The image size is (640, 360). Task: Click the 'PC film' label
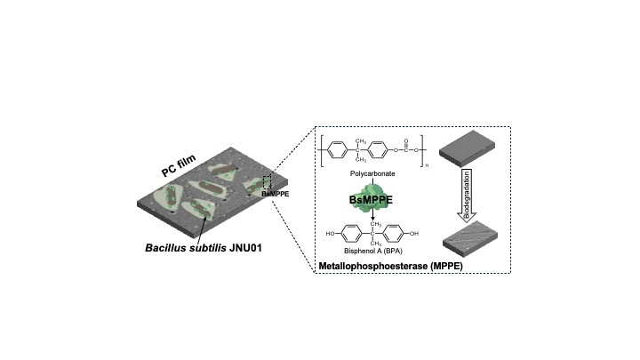click(179, 165)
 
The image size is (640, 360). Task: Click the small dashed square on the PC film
click(267, 182)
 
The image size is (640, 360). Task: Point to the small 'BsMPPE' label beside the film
click(275, 195)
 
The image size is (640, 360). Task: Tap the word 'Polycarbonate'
click(372, 173)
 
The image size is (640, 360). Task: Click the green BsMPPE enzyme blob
click(371, 198)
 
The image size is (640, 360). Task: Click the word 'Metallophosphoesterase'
click(373, 266)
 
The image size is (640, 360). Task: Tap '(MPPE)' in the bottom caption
click(446, 266)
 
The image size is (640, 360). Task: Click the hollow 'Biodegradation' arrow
click(467, 196)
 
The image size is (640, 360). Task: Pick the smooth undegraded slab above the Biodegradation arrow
click(467, 148)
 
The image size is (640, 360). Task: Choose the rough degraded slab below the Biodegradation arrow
click(470, 239)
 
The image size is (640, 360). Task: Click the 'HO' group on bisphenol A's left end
click(330, 234)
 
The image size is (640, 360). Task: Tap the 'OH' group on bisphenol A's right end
click(414, 234)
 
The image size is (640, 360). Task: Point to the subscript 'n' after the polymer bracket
click(427, 165)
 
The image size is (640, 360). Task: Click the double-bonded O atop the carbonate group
click(405, 140)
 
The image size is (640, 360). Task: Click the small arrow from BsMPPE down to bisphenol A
click(372, 216)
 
